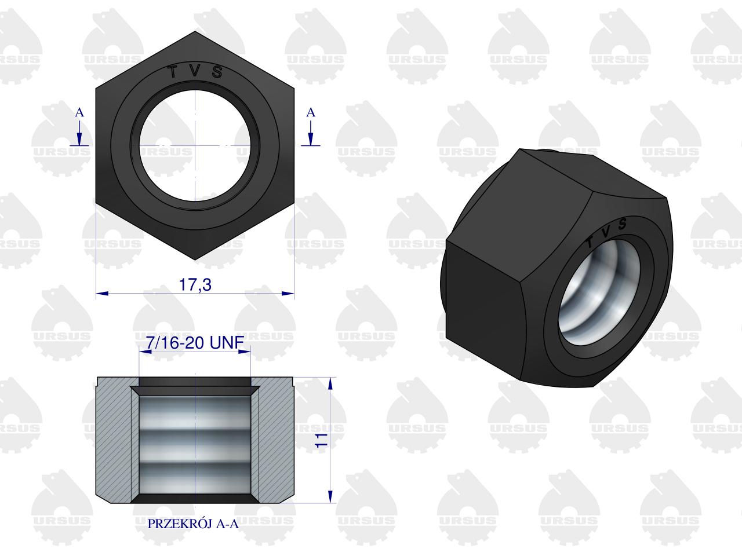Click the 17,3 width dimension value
(x=195, y=285)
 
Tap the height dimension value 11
(x=322, y=438)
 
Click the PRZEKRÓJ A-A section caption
(x=194, y=524)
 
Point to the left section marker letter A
(x=79, y=113)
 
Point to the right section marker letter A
(x=311, y=113)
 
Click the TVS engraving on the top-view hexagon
(x=195, y=72)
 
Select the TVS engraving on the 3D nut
(x=606, y=232)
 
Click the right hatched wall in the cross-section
(x=275, y=440)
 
